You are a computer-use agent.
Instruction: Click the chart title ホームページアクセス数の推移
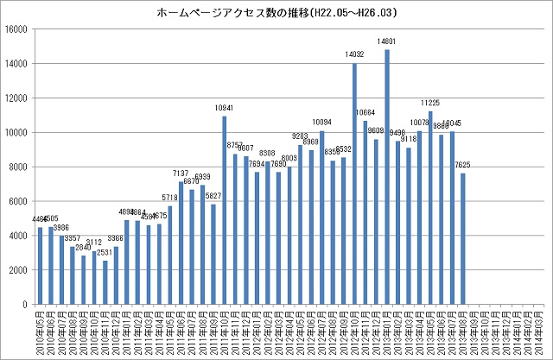tap(276, 14)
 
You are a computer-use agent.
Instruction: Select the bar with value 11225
tap(430, 208)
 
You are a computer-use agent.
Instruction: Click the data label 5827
tap(213, 196)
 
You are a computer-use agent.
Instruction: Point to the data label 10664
tap(365, 113)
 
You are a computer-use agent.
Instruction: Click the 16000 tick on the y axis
tap(18, 29)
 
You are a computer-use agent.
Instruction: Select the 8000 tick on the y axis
tap(21, 167)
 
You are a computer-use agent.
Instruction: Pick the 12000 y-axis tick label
tap(18, 98)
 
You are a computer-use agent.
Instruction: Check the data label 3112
tap(94, 243)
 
